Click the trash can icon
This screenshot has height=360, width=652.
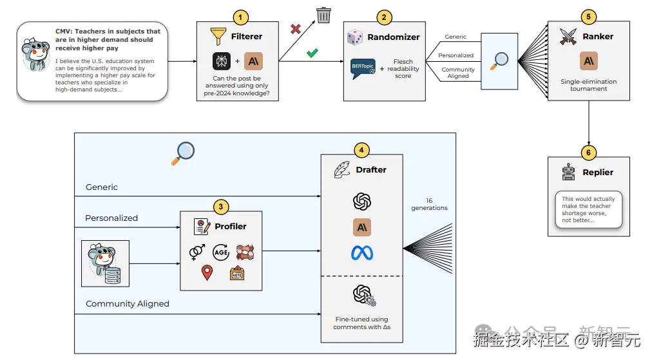click(x=323, y=15)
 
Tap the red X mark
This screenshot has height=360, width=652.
click(x=296, y=29)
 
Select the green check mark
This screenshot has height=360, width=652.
click(x=312, y=53)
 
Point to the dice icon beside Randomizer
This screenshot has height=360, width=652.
click(x=355, y=37)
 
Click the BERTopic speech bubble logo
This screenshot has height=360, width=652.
click(x=363, y=68)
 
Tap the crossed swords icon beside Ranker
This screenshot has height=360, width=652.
click(x=567, y=36)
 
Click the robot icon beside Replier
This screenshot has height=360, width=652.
click(x=568, y=172)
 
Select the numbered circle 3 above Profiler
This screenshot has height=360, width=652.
click(x=221, y=207)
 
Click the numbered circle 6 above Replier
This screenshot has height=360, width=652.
click(x=589, y=153)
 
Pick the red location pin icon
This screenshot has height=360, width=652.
click(x=207, y=273)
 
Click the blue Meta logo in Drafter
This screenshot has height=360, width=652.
click(x=362, y=253)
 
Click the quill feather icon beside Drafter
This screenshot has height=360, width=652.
click(x=342, y=170)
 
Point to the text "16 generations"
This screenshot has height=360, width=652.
click(x=429, y=204)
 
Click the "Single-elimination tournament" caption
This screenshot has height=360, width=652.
click(x=588, y=85)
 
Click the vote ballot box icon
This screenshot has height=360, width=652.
click(x=236, y=273)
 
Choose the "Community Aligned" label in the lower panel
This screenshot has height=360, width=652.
click(x=128, y=303)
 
